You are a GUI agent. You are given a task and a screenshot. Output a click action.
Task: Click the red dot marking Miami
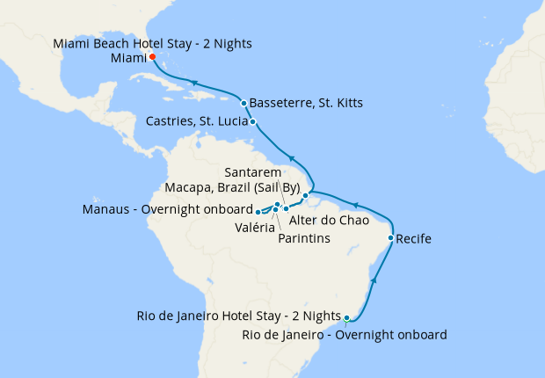pos(152,57)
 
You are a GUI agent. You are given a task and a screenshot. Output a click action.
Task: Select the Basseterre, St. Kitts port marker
pos(243,103)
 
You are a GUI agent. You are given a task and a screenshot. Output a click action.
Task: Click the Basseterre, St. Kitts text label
pos(306,103)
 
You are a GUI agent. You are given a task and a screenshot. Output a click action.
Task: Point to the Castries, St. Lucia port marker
pos(253,122)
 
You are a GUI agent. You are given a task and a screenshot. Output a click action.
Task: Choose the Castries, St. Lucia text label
pos(187,122)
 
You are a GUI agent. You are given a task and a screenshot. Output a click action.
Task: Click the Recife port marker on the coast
pos(390,238)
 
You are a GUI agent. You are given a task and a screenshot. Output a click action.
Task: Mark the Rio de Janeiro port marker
pos(347,317)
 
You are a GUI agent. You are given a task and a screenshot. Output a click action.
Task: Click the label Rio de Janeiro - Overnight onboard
pos(345,334)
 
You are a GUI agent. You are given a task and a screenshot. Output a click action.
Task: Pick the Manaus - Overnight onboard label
pos(166,210)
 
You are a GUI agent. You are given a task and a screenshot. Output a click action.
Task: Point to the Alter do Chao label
pos(329,220)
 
